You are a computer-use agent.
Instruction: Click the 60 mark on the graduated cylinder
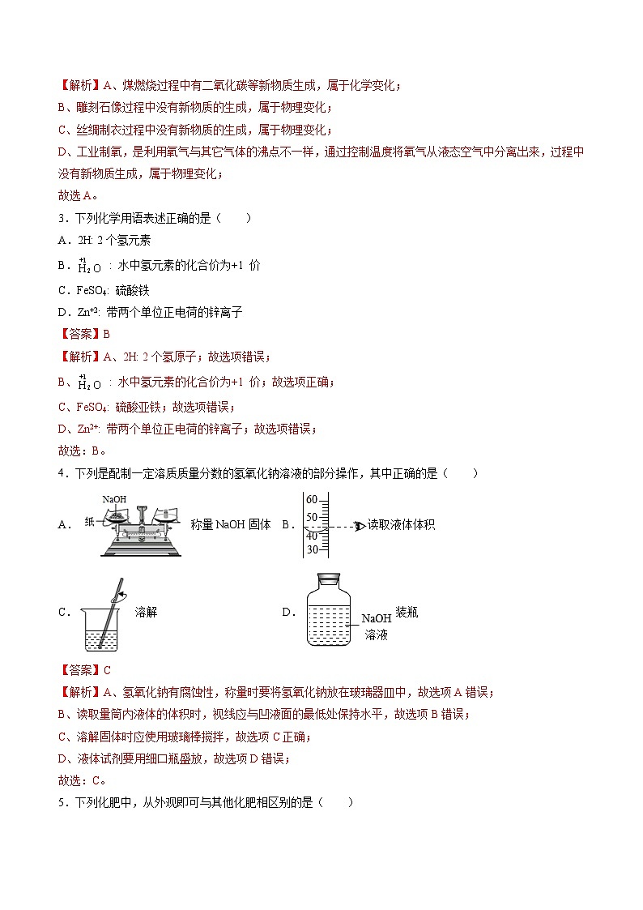312,499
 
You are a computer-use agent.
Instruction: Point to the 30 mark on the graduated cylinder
312,549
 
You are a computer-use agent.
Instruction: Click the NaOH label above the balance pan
114,498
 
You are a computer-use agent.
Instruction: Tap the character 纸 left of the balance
89,522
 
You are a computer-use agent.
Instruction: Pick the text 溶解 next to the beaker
146,612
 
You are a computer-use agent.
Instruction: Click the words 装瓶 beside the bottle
407,613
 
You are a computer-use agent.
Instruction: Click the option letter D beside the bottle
286,613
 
